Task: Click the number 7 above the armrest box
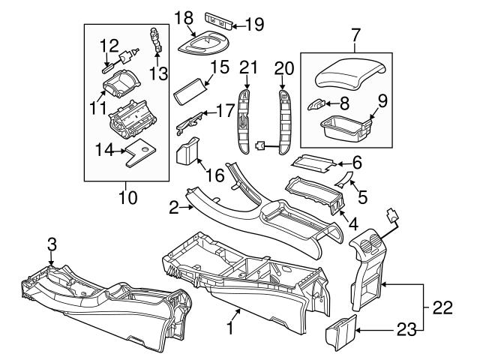pyautogui.click(x=355, y=35)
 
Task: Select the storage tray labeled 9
pyautogui.click(x=346, y=130)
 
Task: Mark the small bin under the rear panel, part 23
pyautogui.click(x=341, y=332)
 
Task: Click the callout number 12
pyautogui.click(x=110, y=46)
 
